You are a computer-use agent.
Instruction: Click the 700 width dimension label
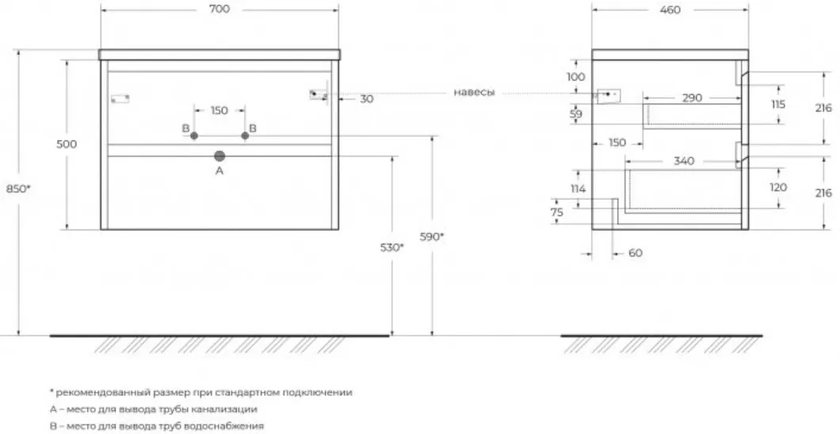(x=219, y=9)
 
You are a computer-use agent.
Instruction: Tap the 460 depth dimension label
(x=670, y=10)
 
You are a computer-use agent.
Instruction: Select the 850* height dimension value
(x=19, y=188)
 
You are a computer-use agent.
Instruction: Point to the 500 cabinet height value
(x=67, y=144)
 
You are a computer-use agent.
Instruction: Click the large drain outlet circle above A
(x=220, y=156)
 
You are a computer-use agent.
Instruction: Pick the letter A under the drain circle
(x=219, y=171)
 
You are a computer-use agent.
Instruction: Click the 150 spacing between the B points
(x=219, y=111)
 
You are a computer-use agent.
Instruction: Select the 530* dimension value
(x=392, y=247)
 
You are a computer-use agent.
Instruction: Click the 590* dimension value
(x=432, y=237)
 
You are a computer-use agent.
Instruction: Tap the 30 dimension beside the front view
(x=367, y=99)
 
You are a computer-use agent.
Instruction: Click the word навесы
(x=474, y=93)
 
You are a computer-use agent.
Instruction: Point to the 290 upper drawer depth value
(x=692, y=98)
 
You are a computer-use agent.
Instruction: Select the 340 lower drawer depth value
(x=684, y=161)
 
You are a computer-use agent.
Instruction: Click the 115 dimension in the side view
(x=778, y=105)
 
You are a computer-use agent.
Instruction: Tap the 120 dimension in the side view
(x=778, y=187)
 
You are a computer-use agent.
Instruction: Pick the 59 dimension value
(x=576, y=113)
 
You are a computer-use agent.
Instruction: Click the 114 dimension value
(x=578, y=188)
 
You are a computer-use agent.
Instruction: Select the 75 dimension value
(x=557, y=212)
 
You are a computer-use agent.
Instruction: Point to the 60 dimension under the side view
(x=636, y=253)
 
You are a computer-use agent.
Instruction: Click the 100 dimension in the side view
(x=576, y=77)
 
